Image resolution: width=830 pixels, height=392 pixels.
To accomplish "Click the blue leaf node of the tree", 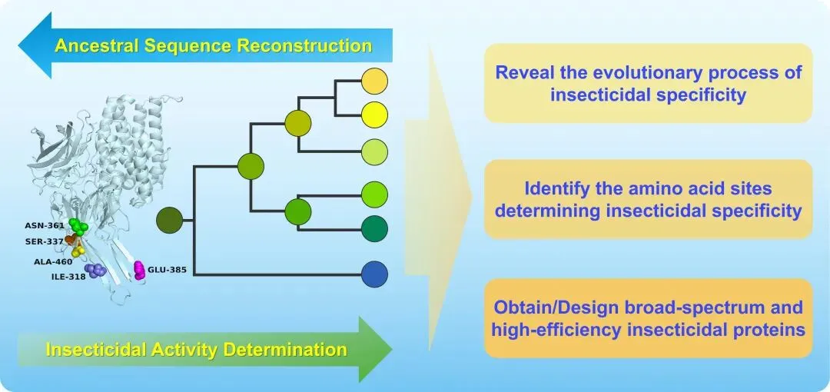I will click(x=374, y=274).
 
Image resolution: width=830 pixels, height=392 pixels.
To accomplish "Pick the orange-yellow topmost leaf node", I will click(x=374, y=81).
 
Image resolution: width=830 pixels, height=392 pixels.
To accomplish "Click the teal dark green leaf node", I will click(x=374, y=228).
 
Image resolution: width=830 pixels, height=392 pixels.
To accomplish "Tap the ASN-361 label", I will click(x=45, y=226).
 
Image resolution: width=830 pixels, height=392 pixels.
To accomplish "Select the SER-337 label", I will click(x=44, y=241).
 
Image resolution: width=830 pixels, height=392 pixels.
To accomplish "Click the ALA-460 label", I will click(x=52, y=261).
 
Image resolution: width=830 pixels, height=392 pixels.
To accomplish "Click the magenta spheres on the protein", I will click(x=139, y=270).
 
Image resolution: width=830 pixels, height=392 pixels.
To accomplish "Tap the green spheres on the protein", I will click(x=78, y=226).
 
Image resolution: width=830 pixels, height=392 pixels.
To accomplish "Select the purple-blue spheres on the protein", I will click(x=96, y=271).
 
